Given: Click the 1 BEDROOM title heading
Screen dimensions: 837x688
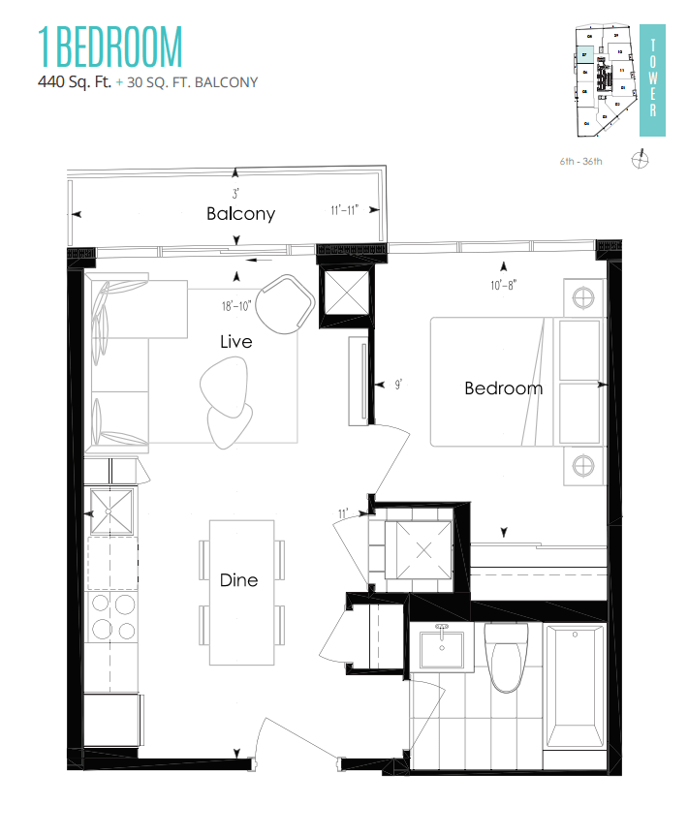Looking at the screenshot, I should point(109,47).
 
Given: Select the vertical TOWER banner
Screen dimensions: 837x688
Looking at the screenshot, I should point(653,77).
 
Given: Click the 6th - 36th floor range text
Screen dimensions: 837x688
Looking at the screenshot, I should point(580,160).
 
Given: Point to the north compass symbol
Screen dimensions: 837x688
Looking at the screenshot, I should point(640,159).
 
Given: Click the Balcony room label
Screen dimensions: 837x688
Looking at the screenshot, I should point(240,214).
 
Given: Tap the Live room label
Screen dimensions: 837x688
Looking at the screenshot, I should point(235,342).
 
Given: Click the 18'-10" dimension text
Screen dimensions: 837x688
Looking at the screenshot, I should point(236,307).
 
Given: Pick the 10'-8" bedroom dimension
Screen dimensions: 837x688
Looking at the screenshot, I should point(503,286).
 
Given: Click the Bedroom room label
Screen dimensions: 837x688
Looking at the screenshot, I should point(503,388).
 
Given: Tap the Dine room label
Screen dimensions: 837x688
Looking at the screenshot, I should point(238,580).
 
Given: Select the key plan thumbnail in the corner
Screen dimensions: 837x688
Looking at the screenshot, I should point(604,77).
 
